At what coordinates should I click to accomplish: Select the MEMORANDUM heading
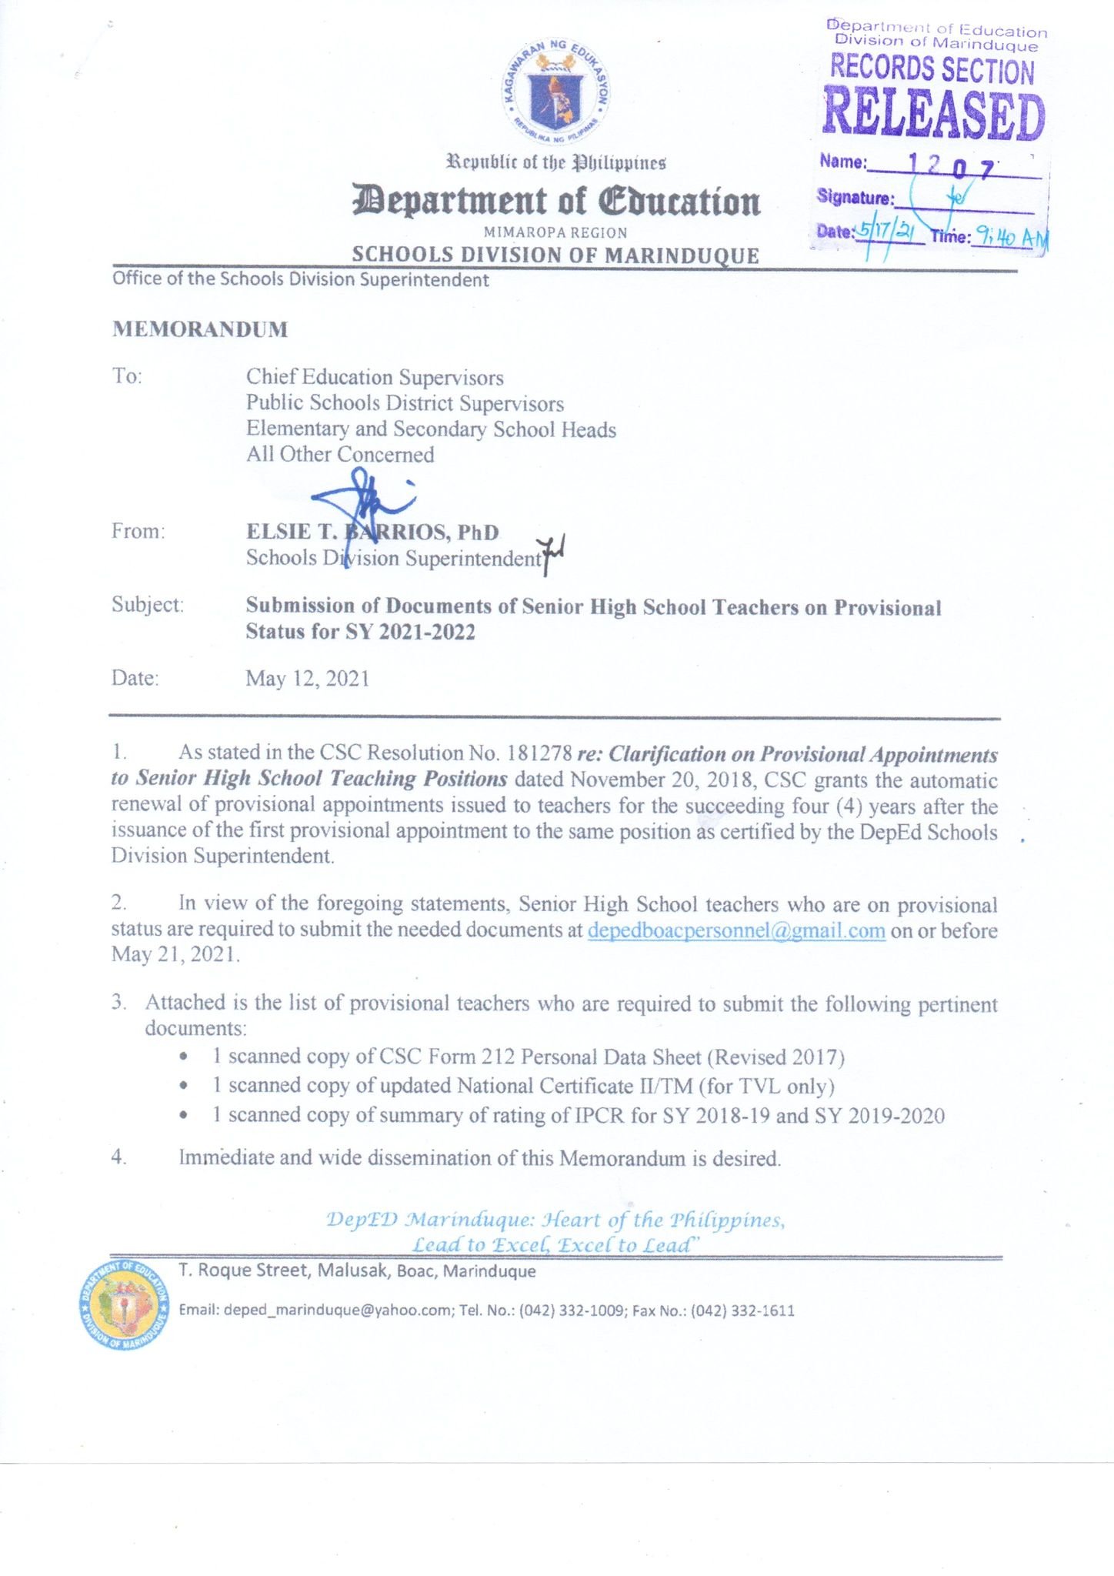pyautogui.click(x=200, y=329)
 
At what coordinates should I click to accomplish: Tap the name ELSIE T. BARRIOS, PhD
pyautogui.click(x=372, y=532)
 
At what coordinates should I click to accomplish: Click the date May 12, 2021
pyautogui.click(x=308, y=678)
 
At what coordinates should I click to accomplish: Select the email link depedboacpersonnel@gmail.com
pyautogui.click(x=736, y=930)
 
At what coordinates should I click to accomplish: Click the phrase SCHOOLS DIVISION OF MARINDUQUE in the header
pyautogui.click(x=555, y=255)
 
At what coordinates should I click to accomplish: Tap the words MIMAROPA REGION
pyautogui.click(x=555, y=232)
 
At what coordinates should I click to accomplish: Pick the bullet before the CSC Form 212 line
pyautogui.click(x=182, y=1057)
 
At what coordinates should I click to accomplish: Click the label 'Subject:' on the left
pyautogui.click(x=148, y=605)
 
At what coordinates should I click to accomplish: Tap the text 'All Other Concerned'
pyautogui.click(x=340, y=455)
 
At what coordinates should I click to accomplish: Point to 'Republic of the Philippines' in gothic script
pyautogui.click(x=556, y=163)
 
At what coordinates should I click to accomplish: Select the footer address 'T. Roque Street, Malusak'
pyautogui.click(x=285, y=1270)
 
